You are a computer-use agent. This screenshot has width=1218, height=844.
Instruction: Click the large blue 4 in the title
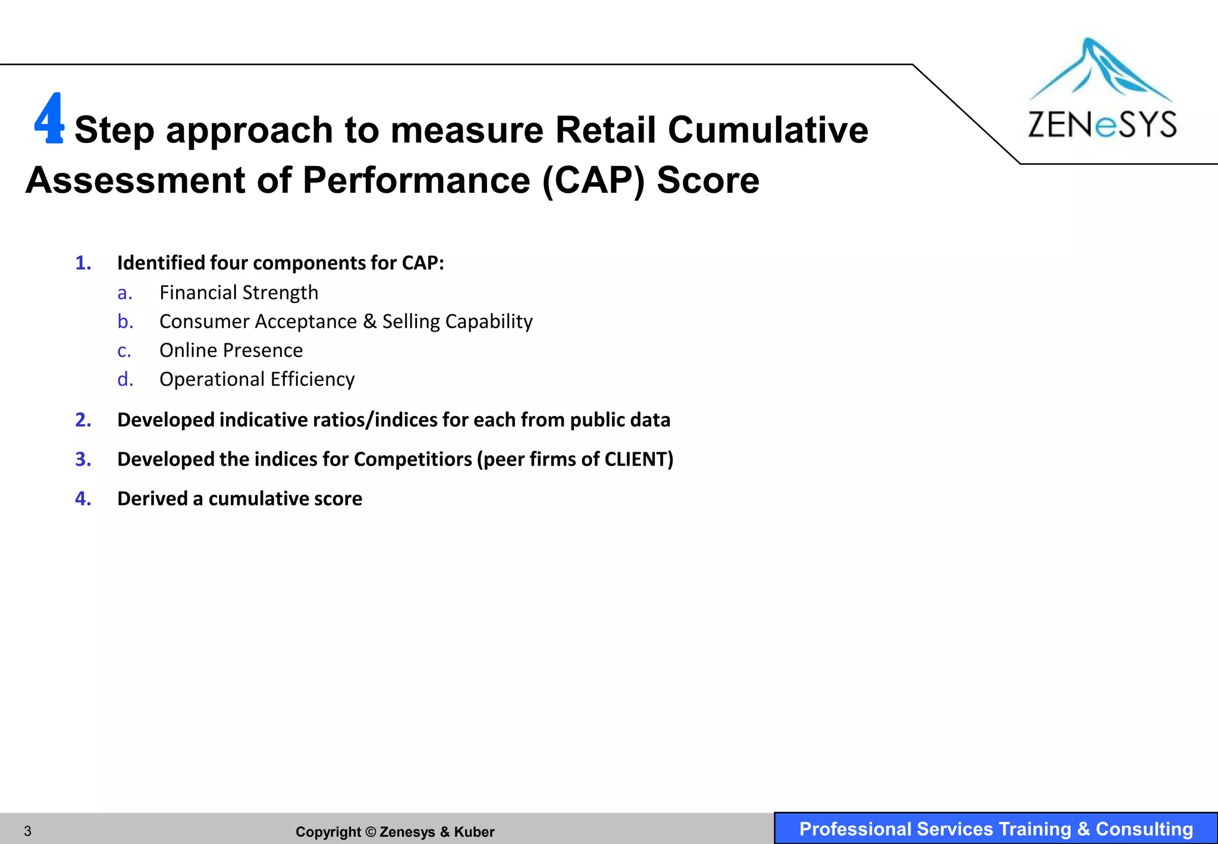click(x=49, y=119)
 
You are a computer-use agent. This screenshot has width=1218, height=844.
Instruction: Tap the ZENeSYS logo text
click(x=1102, y=125)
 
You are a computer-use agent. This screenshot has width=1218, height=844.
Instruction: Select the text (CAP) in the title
click(x=594, y=180)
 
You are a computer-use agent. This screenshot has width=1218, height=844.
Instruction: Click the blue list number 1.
click(x=83, y=263)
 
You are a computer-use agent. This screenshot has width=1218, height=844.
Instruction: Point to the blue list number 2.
click(x=83, y=420)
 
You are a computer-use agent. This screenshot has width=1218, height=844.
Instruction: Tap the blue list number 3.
click(x=83, y=459)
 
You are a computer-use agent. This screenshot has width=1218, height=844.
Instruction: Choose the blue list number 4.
click(x=83, y=499)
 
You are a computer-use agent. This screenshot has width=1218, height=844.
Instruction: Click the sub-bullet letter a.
click(x=124, y=293)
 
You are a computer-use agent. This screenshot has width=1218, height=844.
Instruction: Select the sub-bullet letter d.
click(x=125, y=379)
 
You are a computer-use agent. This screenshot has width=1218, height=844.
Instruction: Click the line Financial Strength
click(x=238, y=293)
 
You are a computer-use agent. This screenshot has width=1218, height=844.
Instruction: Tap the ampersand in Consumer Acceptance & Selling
click(x=369, y=322)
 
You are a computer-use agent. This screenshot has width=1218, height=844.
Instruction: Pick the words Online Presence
click(x=231, y=351)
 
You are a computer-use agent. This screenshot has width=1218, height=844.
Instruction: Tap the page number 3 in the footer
click(x=27, y=831)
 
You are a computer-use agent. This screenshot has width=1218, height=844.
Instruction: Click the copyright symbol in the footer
click(x=371, y=832)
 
